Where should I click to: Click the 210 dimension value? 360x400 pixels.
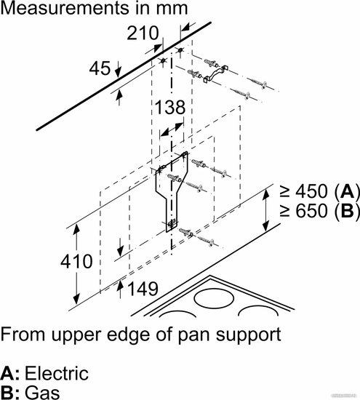143,33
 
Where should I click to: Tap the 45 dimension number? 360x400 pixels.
100,68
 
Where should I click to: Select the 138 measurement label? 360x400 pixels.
170,107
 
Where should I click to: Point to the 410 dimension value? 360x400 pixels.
76,261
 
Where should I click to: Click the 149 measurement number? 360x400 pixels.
143,289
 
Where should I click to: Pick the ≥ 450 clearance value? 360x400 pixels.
303,191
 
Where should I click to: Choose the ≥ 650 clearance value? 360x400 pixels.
303,210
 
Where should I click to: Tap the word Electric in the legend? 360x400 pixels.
57,374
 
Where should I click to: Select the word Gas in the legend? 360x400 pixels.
42,393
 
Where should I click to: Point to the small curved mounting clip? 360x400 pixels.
215,74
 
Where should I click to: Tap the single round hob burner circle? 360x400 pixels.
214,297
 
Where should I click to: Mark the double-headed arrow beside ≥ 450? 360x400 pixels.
265,210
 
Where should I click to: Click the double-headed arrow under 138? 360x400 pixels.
172,129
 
